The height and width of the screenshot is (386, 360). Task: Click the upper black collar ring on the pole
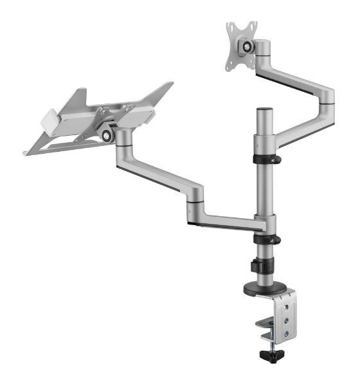[265, 158]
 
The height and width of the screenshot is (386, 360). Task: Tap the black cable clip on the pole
[259, 266]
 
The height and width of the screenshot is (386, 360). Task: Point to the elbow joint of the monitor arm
[326, 96]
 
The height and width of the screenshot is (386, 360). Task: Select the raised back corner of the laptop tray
[168, 85]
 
